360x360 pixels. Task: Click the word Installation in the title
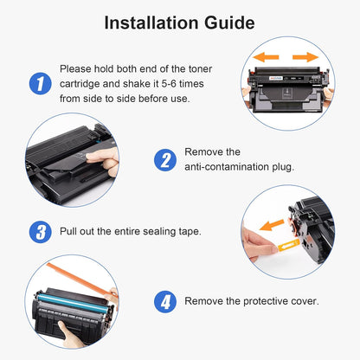coord(151,22)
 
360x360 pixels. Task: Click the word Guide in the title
coord(229,22)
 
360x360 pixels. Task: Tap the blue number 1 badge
coord(41,83)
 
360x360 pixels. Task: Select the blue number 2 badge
coord(165,160)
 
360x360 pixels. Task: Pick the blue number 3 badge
coord(41,232)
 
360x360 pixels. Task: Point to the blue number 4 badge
coord(165,302)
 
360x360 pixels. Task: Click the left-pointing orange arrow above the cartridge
coord(266,57)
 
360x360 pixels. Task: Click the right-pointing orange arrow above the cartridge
coord(305,57)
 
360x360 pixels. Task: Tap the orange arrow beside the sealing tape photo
coord(272,225)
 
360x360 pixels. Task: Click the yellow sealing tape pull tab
coord(288,245)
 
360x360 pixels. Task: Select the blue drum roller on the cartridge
coord(72,303)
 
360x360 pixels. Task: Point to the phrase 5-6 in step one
coord(169,84)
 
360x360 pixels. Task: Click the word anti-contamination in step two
coord(227,167)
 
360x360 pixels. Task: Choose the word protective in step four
coord(266,301)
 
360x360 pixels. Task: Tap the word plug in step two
coord(283,167)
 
